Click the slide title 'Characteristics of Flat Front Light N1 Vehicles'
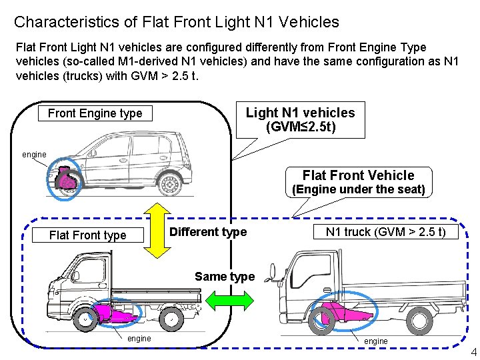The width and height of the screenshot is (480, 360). (x=176, y=22)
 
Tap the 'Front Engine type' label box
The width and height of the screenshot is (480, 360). (x=95, y=113)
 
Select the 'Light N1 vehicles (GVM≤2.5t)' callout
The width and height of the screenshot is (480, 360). (x=300, y=119)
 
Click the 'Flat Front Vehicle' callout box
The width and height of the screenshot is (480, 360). (x=358, y=181)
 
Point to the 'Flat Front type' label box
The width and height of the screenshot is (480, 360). (x=87, y=235)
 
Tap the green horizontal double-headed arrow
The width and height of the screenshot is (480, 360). (x=225, y=301)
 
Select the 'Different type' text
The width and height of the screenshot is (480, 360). (x=208, y=232)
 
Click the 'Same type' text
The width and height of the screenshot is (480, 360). (x=225, y=277)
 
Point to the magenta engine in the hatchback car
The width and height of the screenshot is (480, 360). (x=67, y=181)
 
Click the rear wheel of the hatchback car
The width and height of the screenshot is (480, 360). (x=170, y=183)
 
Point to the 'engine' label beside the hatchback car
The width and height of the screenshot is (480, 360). (x=34, y=155)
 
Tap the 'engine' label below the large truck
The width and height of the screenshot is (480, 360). (x=375, y=341)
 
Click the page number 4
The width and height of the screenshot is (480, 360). (x=473, y=352)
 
